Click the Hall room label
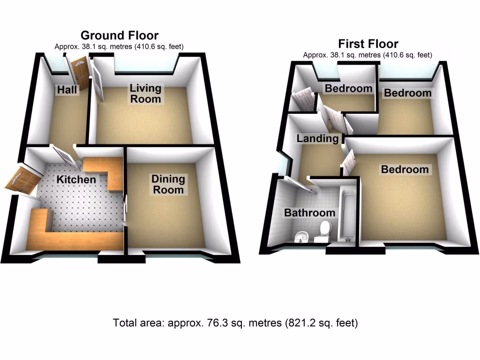click(67, 90)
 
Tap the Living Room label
click(145, 93)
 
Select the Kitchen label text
click(76, 180)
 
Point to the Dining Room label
click(168, 184)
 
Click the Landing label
click(317, 139)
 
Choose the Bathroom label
click(310, 213)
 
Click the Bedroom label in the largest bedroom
click(405, 170)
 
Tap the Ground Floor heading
click(120, 35)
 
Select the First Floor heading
click(368, 44)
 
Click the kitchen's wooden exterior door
click(20, 181)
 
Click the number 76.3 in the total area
click(213, 323)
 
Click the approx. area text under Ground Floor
click(119, 46)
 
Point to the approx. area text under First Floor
click(367, 55)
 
